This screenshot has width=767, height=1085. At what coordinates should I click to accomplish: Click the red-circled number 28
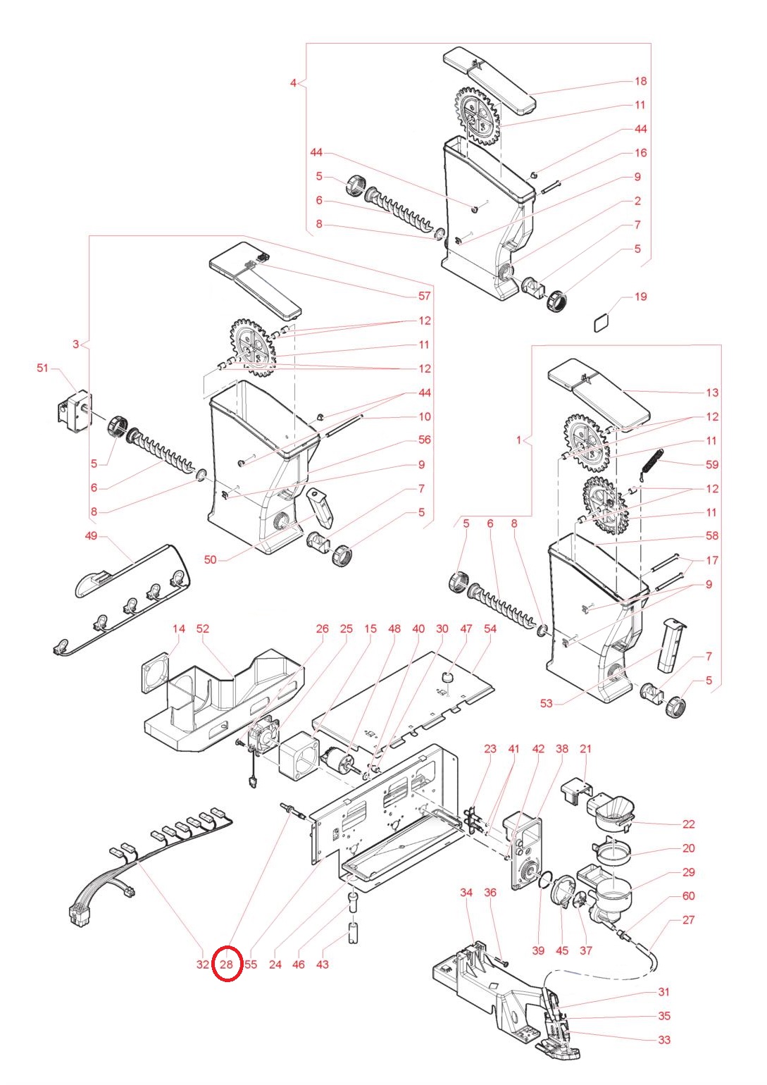(x=227, y=964)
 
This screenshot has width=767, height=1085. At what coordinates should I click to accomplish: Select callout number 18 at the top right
(x=640, y=81)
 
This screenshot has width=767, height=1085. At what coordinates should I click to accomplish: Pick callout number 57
(x=424, y=297)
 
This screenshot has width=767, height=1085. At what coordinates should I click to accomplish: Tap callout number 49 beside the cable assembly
(x=91, y=536)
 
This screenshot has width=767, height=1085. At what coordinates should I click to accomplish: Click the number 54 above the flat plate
(x=490, y=628)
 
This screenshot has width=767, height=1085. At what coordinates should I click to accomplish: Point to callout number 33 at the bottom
(x=664, y=1039)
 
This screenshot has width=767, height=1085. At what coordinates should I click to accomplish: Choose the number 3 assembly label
(x=76, y=345)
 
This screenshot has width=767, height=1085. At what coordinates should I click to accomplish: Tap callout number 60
(x=688, y=895)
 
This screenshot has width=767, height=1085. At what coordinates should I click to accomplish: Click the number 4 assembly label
(x=294, y=82)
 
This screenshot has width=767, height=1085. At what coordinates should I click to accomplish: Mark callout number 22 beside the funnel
(x=688, y=824)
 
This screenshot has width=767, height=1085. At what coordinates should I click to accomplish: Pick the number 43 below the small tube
(x=322, y=964)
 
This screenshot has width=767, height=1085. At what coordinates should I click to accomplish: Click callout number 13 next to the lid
(x=712, y=392)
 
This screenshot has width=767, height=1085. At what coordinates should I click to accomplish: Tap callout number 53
(x=547, y=703)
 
